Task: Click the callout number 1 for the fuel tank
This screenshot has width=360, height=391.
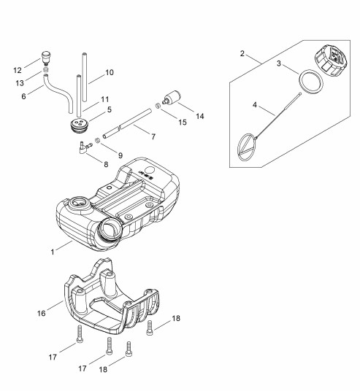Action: (53, 252)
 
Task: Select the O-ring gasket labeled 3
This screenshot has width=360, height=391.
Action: (311, 82)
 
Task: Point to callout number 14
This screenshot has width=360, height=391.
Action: (200, 116)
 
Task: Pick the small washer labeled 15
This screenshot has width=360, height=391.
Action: (158, 106)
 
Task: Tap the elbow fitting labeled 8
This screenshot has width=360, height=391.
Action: (85, 147)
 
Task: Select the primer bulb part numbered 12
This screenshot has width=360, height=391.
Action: (45, 58)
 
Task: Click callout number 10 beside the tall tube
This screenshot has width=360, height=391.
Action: (110, 72)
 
